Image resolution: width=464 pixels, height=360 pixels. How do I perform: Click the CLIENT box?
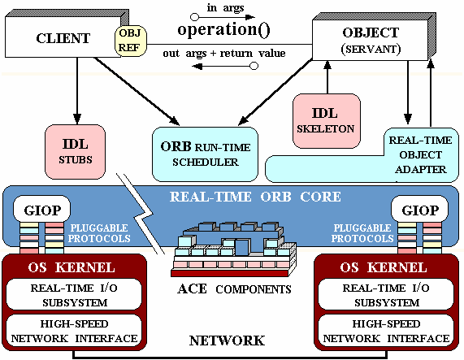click(63, 37)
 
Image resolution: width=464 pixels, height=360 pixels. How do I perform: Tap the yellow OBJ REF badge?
click(131, 41)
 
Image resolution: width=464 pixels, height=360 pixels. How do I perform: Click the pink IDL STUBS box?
click(75, 152)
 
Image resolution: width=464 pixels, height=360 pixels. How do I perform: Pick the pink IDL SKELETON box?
click(327, 121)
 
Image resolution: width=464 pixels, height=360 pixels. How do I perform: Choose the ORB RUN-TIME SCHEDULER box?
click(205, 154)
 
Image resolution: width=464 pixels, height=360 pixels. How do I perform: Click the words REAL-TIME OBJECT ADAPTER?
click(420, 154)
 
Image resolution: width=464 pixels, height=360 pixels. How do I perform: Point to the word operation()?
click(223, 29)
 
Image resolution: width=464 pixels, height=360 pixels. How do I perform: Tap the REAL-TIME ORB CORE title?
click(255, 197)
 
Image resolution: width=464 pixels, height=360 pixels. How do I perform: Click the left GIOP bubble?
click(42, 210)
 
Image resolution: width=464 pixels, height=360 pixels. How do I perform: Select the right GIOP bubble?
click(420, 210)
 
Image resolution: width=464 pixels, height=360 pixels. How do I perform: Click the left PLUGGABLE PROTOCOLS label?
click(99, 233)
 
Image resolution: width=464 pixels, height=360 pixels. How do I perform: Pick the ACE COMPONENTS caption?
click(234, 288)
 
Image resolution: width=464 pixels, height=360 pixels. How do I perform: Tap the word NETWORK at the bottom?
click(227, 340)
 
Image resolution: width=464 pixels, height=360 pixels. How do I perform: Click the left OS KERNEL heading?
click(72, 267)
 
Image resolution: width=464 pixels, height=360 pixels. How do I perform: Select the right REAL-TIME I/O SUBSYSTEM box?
click(386, 295)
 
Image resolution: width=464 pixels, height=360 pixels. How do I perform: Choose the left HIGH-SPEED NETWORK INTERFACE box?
click(74, 331)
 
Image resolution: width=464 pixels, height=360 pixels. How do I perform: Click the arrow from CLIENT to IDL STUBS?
click(77, 91)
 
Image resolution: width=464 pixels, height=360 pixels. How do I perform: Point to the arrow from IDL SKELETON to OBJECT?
click(327, 77)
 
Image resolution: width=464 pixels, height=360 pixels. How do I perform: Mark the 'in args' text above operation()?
click(225, 7)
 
